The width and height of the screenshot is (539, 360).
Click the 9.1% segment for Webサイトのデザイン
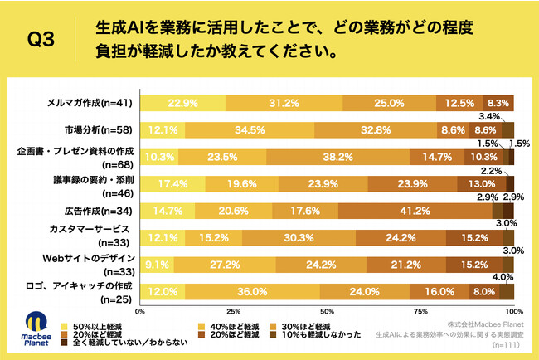click(x=157, y=265)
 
